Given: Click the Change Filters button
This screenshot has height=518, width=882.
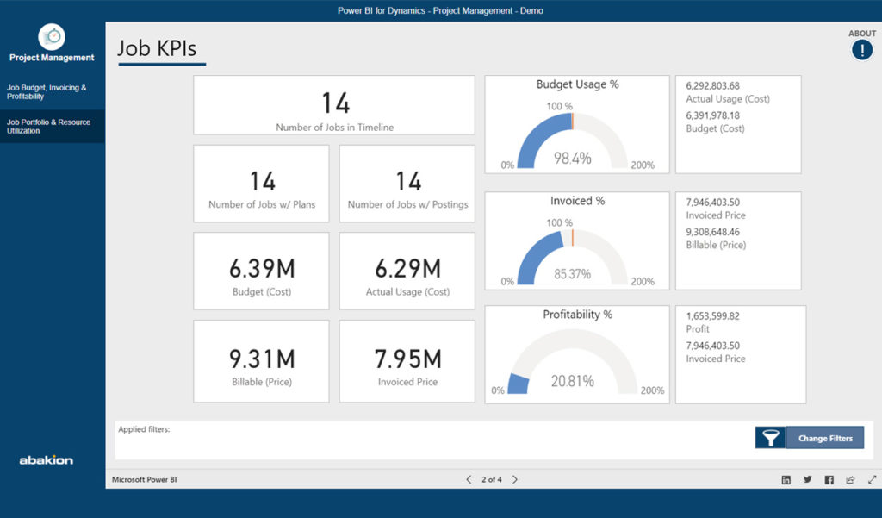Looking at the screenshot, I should [x=824, y=438].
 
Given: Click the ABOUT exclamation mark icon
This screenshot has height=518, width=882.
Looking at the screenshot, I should [x=861, y=50].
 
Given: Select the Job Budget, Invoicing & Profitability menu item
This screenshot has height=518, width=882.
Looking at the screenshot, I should [x=47, y=92].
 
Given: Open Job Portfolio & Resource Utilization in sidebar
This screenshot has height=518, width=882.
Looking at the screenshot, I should [x=48, y=127].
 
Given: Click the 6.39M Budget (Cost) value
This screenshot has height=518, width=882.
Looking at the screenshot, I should [x=262, y=269].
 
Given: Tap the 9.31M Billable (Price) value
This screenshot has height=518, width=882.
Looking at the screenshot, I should [x=262, y=359].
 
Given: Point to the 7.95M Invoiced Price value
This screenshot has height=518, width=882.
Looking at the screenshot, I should [x=408, y=359].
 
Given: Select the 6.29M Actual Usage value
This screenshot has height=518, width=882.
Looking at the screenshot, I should [x=408, y=269].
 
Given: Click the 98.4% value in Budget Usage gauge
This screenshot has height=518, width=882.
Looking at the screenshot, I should [x=573, y=158].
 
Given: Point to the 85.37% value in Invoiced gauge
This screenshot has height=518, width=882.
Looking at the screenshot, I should [x=572, y=274].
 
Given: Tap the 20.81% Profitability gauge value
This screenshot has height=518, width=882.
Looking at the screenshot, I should [x=573, y=381].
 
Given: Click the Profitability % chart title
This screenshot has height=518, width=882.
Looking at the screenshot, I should [x=577, y=315].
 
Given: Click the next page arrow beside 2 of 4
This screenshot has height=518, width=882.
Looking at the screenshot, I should [x=515, y=479].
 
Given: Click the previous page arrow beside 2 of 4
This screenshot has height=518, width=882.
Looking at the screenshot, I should [x=469, y=479].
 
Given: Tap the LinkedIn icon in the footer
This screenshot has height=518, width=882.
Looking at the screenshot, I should [x=786, y=480].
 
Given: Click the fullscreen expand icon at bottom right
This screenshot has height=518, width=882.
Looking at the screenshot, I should [x=872, y=480].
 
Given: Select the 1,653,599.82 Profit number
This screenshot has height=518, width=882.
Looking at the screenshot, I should [x=713, y=315].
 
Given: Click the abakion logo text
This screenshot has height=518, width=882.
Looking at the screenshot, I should [x=47, y=460].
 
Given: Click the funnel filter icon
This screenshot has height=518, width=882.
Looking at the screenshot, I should [x=770, y=438].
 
